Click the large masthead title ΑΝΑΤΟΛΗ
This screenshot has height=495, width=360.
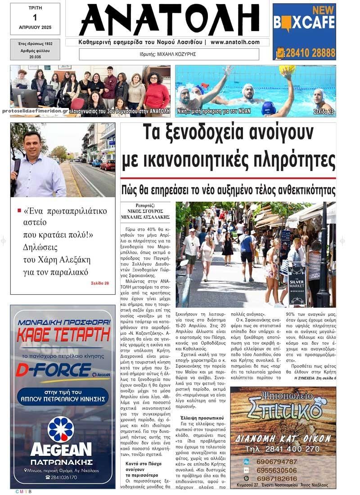166,20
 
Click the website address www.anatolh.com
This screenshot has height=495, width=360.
235,42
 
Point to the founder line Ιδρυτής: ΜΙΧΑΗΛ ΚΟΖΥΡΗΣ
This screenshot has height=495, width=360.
169,54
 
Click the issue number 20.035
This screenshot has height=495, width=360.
35,57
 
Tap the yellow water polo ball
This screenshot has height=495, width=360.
287,70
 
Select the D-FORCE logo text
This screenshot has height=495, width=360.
53,370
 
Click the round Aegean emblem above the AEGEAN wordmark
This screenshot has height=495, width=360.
61,429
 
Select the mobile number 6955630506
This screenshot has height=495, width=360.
276,470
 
